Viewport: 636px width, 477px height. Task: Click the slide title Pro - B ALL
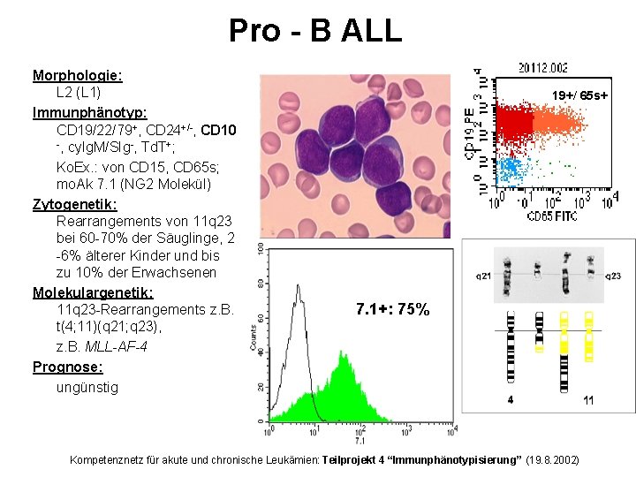315,30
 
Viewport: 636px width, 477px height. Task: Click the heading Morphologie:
77,75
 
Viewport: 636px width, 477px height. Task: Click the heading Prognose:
68,367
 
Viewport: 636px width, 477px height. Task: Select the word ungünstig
87,386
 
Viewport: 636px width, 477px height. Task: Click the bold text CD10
218,131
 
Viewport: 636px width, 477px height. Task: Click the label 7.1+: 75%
392,309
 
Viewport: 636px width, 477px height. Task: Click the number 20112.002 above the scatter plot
543,67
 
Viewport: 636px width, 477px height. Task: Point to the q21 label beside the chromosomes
484,276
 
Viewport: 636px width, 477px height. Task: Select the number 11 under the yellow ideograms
588,400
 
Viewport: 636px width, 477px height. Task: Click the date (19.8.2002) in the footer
551,460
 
